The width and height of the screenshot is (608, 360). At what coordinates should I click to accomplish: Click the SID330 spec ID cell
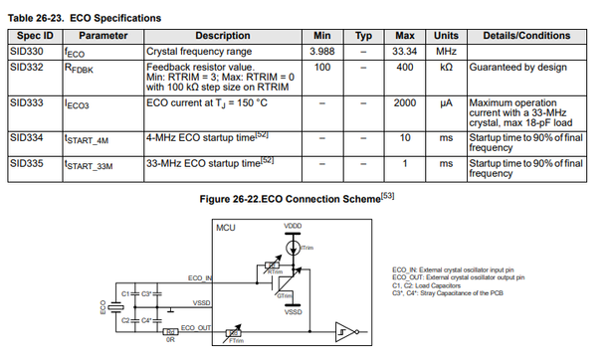coord(31,50)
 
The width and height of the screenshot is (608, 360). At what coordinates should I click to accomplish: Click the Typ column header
coord(363,34)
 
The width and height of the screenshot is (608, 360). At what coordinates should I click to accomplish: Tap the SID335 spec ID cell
coord(31,160)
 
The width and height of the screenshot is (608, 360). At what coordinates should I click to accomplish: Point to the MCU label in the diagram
coord(227,228)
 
